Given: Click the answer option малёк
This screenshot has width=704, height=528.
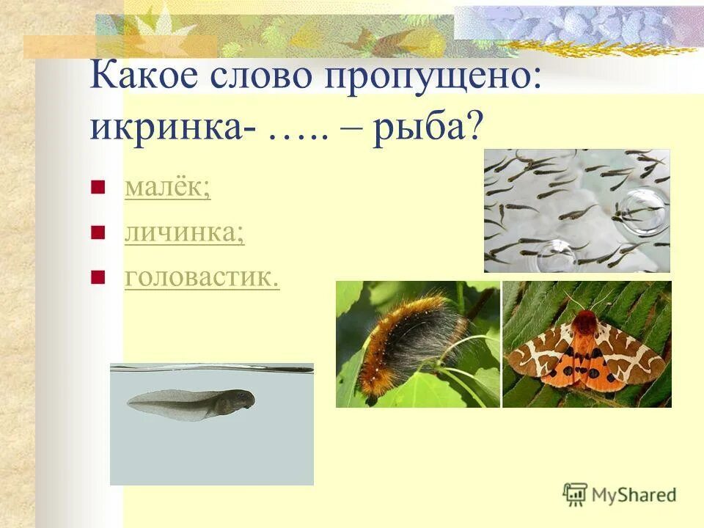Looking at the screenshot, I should click(x=167, y=188).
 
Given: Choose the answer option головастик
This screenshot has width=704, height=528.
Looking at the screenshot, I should click(x=202, y=279).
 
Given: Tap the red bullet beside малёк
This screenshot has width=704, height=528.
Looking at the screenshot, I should click(x=96, y=188).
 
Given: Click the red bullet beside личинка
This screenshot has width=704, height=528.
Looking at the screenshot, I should click(x=96, y=234).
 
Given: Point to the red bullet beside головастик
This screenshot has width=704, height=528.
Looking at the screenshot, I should click(x=96, y=279).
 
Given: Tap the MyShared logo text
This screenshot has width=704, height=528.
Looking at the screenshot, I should click(x=634, y=495).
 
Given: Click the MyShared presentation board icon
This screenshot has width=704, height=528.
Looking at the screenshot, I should click(x=575, y=494).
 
